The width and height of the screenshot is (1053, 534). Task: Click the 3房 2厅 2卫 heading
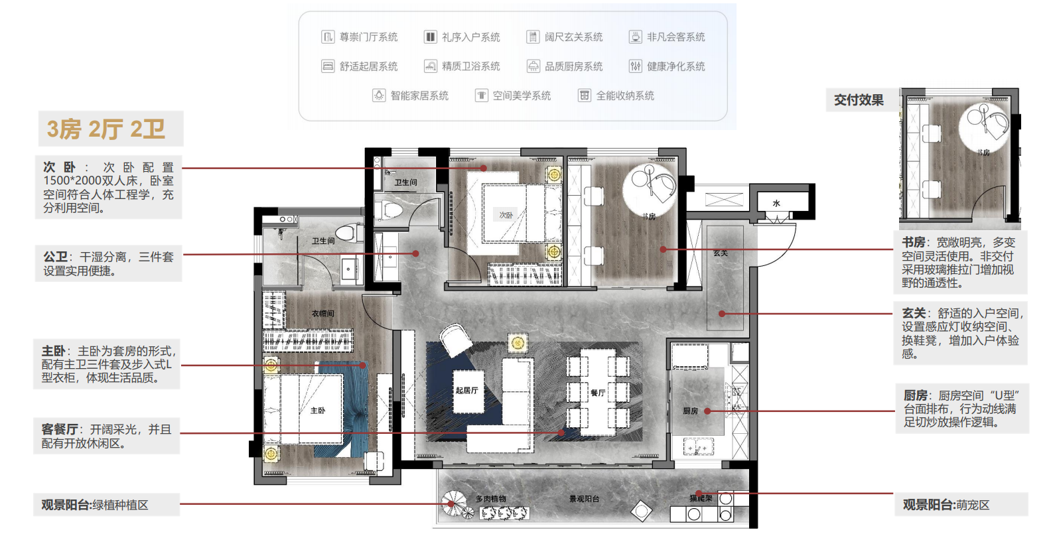[106, 129]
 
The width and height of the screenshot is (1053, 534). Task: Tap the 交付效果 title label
[859, 100]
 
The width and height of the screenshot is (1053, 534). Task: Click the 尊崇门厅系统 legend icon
[328, 37]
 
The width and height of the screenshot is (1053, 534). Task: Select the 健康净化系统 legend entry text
[675, 66]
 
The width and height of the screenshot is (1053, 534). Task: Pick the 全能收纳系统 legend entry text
[625, 96]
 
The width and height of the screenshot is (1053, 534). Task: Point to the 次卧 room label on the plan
[506, 215]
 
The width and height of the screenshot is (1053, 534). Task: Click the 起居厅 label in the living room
[466, 390]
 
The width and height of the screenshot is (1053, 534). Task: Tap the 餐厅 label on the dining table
[598, 393]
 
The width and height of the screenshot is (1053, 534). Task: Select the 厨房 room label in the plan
[690, 411]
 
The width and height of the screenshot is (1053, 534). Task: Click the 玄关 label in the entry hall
[721, 253]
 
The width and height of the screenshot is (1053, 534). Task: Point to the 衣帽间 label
[322, 313]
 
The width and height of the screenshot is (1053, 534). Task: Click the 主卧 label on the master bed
[318, 411]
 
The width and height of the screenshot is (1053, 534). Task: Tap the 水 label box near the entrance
[776, 203]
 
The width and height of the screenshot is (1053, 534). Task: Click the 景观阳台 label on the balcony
[584, 499]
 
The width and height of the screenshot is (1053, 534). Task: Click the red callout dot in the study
[663, 249]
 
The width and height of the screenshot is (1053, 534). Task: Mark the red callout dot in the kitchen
[707, 411]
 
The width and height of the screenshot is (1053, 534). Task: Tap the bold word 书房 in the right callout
[913, 243]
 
